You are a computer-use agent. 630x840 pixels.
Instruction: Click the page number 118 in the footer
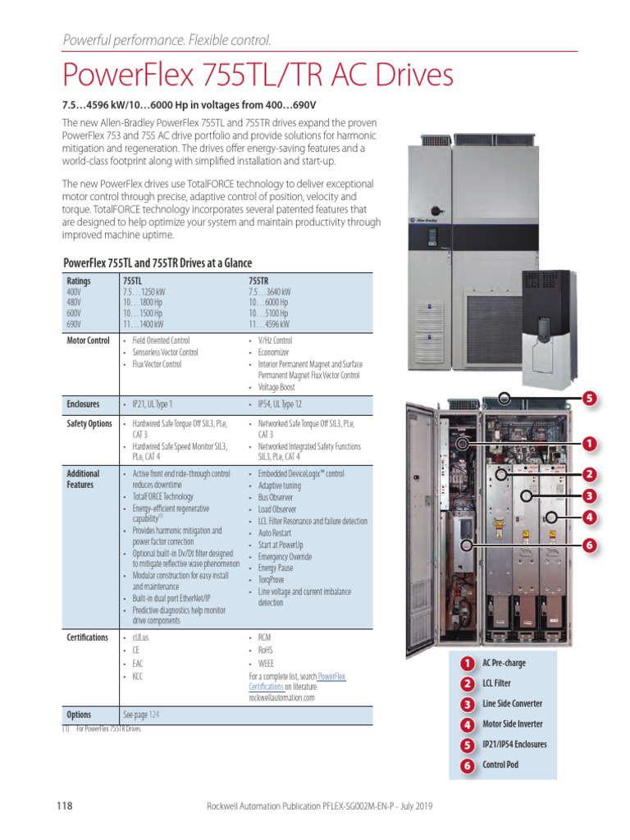65,806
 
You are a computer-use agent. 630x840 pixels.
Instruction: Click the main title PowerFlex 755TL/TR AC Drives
258,75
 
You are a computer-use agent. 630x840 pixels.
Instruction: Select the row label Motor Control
88,340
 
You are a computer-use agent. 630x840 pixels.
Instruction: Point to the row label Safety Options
89,424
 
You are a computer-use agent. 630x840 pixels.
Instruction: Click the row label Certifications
87,637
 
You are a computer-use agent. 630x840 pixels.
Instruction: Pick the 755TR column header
259,281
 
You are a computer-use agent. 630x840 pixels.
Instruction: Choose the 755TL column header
132,281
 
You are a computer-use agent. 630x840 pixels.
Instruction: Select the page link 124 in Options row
153,714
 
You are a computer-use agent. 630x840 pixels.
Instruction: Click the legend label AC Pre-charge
504,663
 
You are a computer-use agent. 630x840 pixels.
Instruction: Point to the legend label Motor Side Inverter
513,724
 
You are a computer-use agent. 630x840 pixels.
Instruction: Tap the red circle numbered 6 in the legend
467,767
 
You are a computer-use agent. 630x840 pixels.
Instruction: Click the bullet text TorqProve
272,579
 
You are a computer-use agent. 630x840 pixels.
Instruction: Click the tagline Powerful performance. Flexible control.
167,40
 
